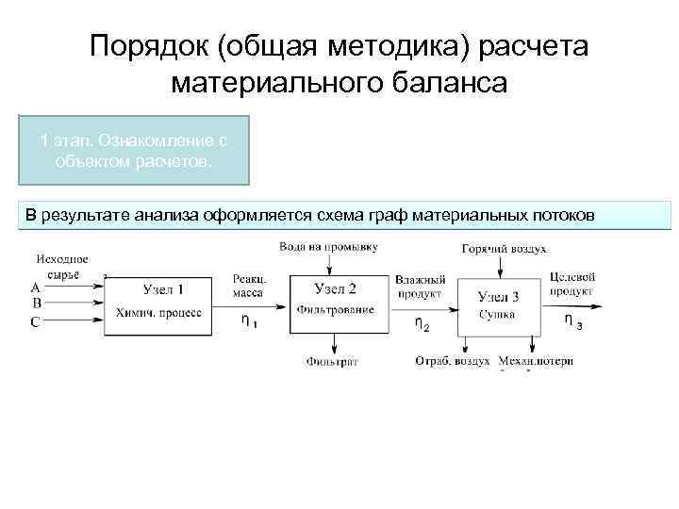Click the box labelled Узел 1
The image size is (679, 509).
coord(162,301)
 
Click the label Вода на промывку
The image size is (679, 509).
coord(329,246)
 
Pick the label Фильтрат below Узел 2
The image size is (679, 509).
coord(332,361)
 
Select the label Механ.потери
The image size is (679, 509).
coord(536,361)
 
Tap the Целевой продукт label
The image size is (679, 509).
coord(571,284)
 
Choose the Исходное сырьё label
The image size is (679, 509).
coord(63,265)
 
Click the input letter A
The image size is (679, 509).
coord(35,287)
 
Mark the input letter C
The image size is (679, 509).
coord(35,321)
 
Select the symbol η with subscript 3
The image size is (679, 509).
coord(571,320)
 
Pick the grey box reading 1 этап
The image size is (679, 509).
coord(134,150)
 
